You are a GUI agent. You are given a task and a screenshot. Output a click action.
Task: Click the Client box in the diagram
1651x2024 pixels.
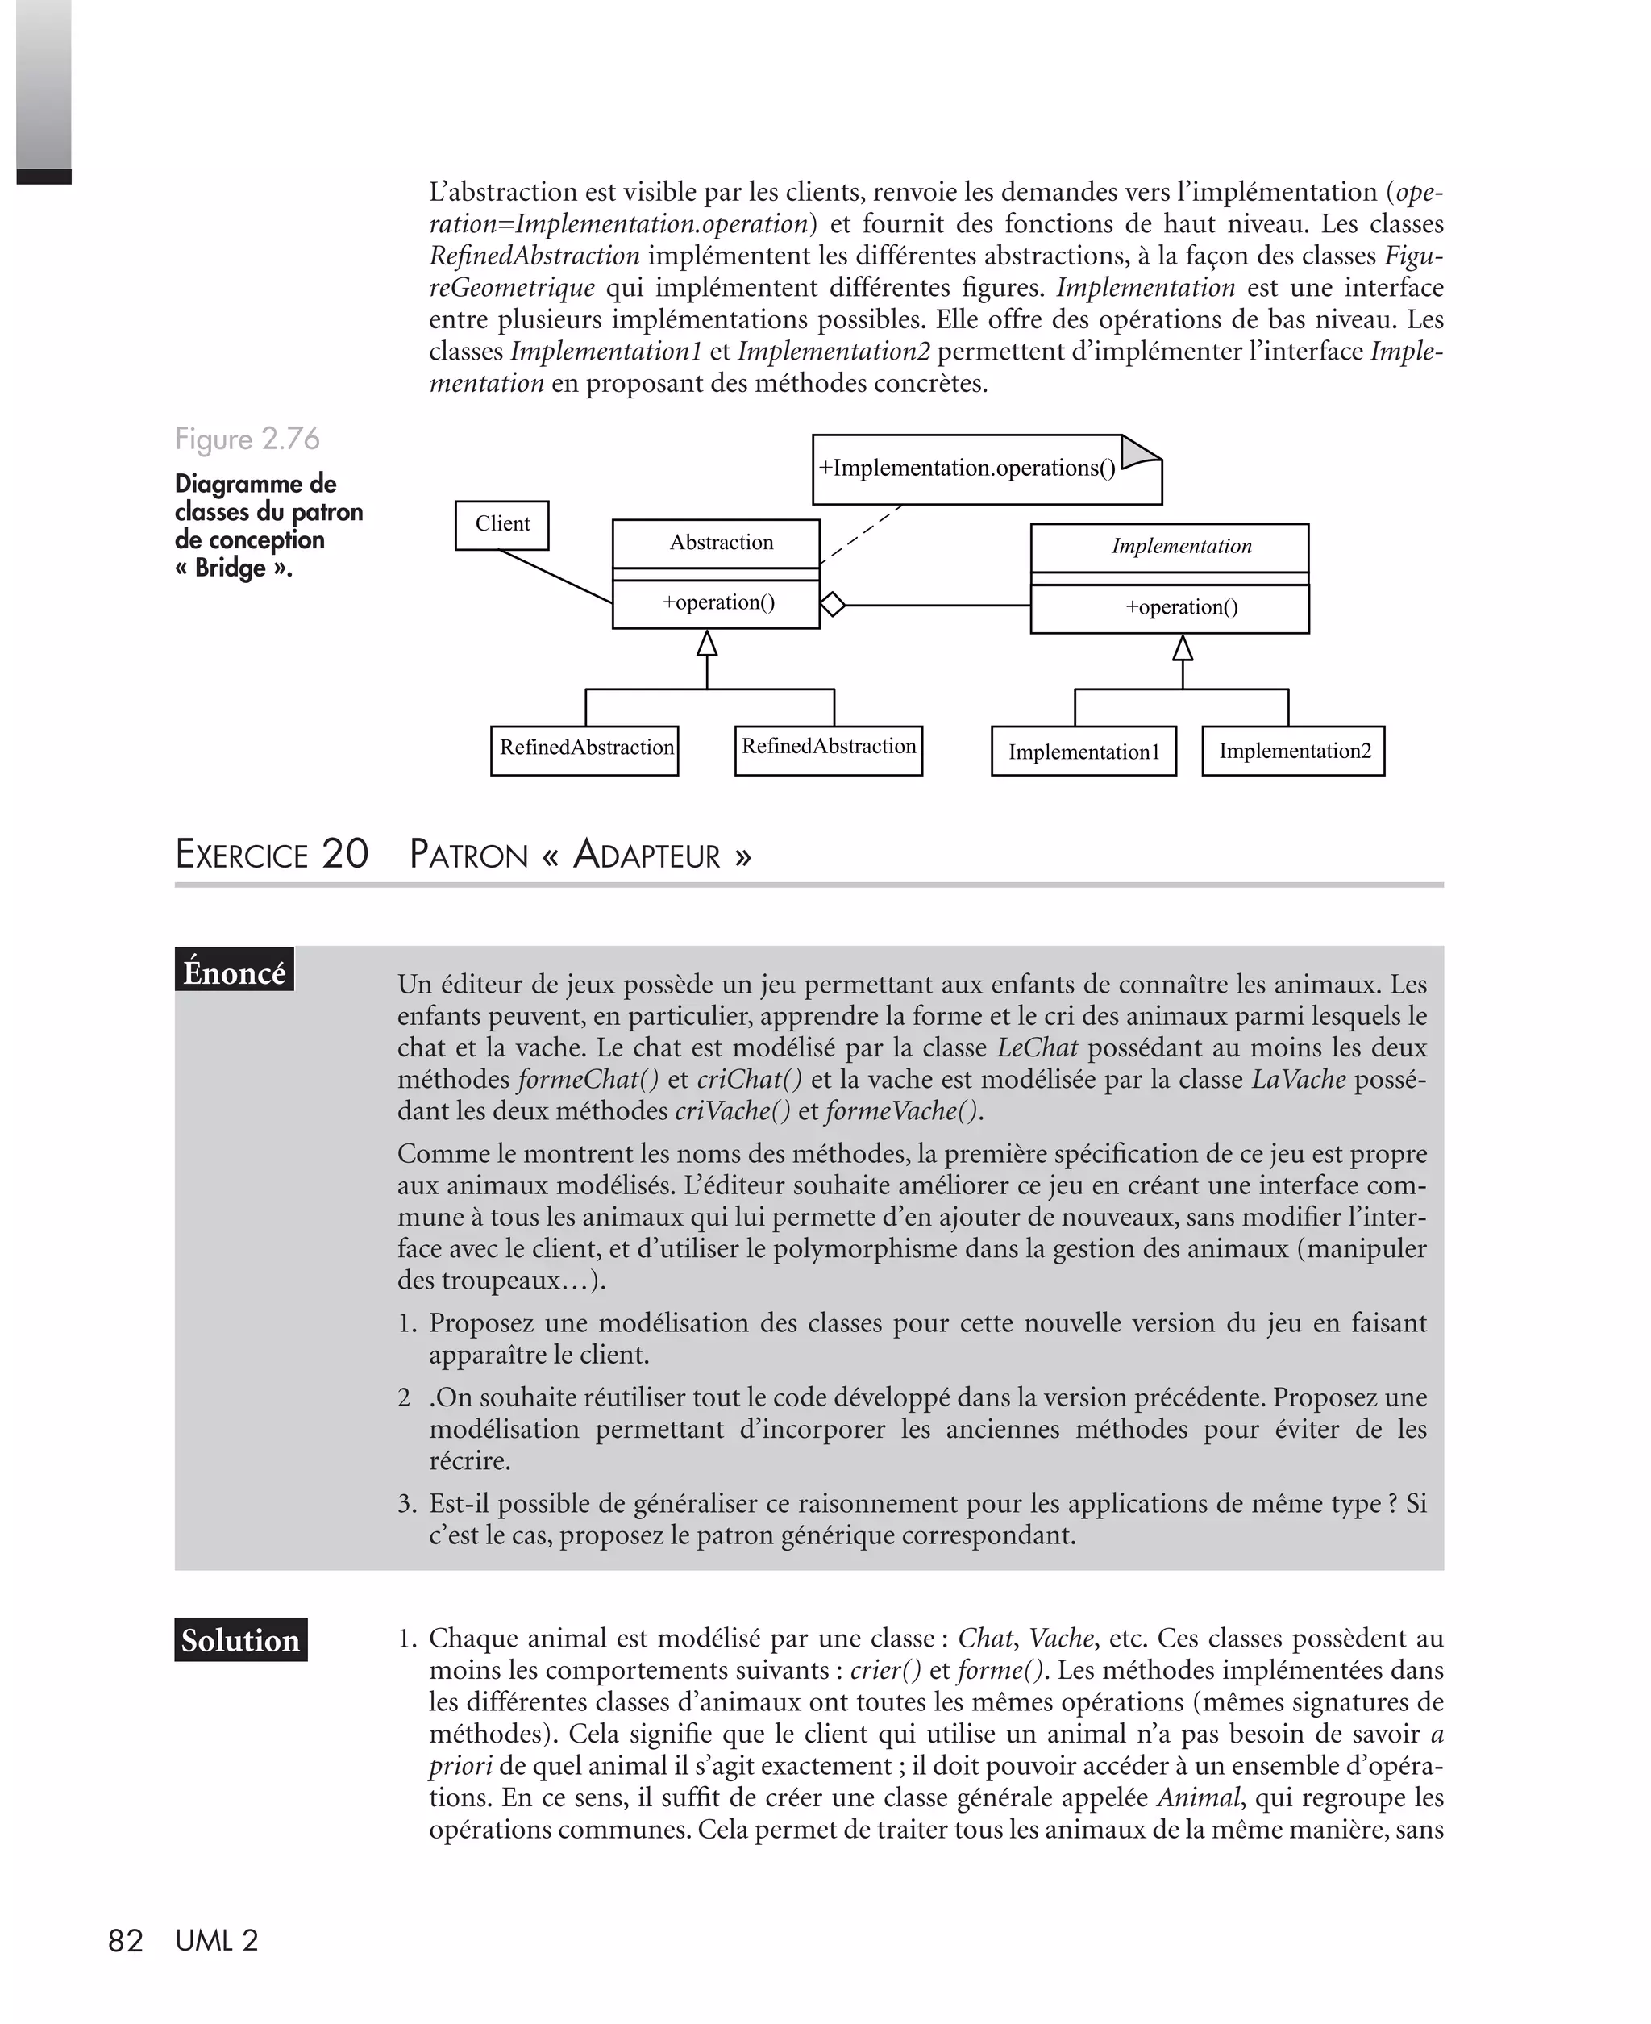pyautogui.click(x=502, y=525)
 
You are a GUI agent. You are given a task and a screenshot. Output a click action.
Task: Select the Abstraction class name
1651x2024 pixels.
pyautogui.click(x=721, y=542)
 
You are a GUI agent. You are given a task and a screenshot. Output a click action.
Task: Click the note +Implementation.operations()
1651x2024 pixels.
pyautogui.click(x=967, y=468)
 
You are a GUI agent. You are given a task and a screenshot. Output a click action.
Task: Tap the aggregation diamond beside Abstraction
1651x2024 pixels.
pyautogui.click(x=832, y=604)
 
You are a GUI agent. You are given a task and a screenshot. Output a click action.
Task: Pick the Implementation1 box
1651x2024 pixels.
pyautogui.click(x=1083, y=752)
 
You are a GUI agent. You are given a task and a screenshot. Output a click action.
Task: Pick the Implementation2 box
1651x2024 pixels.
pyautogui.click(x=1295, y=751)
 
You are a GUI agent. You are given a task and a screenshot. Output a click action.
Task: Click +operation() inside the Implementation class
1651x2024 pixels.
pyautogui.click(x=1181, y=607)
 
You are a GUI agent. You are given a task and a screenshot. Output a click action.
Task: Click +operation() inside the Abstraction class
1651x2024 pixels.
pyautogui.click(x=718, y=602)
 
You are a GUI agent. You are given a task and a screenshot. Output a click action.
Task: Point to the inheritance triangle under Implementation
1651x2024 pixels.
pyautogui.click(x=1182, y=648)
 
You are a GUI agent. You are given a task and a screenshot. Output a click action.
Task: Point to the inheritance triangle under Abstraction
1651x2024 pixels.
pyautogui.click(x=707, y=644)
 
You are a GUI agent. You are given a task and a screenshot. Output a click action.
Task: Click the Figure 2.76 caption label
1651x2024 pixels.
pyautogui.click(x=247, y=439)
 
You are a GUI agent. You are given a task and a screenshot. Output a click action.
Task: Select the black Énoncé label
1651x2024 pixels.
pyautogui.click(x=234, y=972)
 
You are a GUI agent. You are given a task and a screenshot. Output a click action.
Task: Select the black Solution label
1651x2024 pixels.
pyautogui.click(x=240, y=1639)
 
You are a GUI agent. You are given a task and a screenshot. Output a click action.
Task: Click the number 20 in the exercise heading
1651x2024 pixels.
pyautogui.click(x=344, y=853)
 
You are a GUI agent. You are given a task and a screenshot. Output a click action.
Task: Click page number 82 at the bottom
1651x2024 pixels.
pyautogui.click(x=126, y=1940)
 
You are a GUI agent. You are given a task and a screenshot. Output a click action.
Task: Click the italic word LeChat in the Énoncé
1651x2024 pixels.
pyautogui.click(x=1037, y=1047)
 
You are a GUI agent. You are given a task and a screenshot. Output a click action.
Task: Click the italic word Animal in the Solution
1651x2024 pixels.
pyautogui.click(x=1197, y=1797)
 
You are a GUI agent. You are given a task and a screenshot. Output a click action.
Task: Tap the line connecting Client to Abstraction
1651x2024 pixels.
pyautogui.click(x=556, y=577)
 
